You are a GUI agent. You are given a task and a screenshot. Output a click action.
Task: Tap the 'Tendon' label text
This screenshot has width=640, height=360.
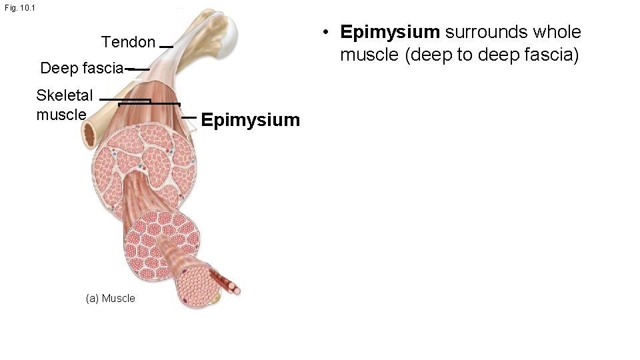point(128,43)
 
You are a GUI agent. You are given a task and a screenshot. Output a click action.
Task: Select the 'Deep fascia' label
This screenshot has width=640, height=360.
point(81,68)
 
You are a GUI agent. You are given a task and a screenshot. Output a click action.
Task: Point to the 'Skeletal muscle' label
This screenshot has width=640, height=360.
point(64,105)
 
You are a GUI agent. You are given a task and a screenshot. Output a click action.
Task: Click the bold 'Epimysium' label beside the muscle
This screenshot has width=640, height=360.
point(250,120)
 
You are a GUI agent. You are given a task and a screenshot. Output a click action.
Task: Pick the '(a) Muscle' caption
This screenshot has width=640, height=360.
point(110,298)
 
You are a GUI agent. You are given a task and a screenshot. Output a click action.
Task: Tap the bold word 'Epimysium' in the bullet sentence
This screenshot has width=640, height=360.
point(390,32)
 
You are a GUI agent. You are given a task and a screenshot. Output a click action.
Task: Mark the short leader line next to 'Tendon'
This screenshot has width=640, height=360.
point(167,47)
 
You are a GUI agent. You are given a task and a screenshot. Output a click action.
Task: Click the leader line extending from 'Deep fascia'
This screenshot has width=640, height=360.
point(137,69)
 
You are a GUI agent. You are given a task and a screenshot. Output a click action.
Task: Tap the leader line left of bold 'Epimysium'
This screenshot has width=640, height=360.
point(189,117)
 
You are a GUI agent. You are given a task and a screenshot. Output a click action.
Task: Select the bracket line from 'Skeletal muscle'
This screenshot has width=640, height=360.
point(148,103)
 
